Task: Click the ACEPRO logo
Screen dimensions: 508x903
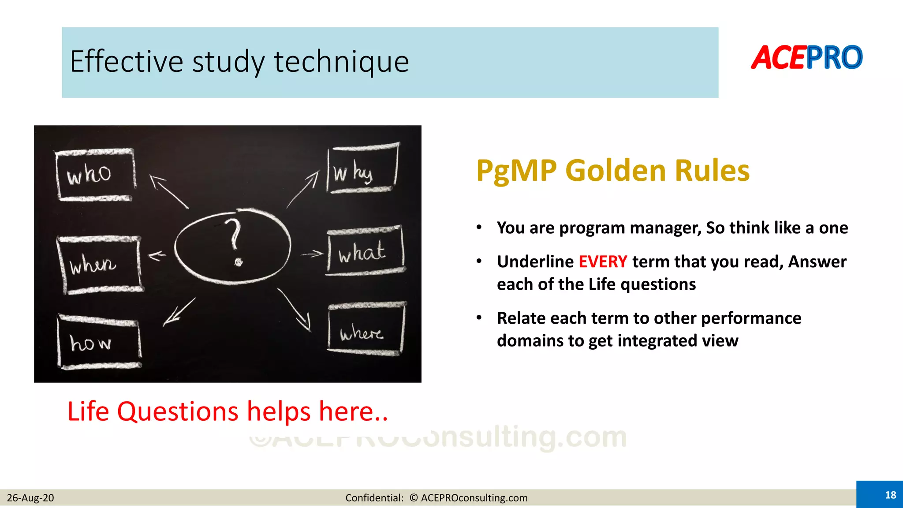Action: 807,58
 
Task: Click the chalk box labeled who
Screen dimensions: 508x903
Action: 95,175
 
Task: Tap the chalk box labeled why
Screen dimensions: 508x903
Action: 362,169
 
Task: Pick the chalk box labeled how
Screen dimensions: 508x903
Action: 99,342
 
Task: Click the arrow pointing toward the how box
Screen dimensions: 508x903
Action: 179,312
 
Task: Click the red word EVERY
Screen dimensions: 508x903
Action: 602,262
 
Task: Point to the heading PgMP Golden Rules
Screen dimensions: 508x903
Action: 612,171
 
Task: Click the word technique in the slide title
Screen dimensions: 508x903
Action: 341,62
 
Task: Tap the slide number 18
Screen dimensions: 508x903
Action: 890,495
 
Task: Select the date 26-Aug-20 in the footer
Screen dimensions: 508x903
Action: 30,498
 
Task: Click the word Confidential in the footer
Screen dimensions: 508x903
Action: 373,498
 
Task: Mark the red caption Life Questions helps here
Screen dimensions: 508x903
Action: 228,411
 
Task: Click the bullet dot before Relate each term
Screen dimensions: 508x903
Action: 479,317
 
